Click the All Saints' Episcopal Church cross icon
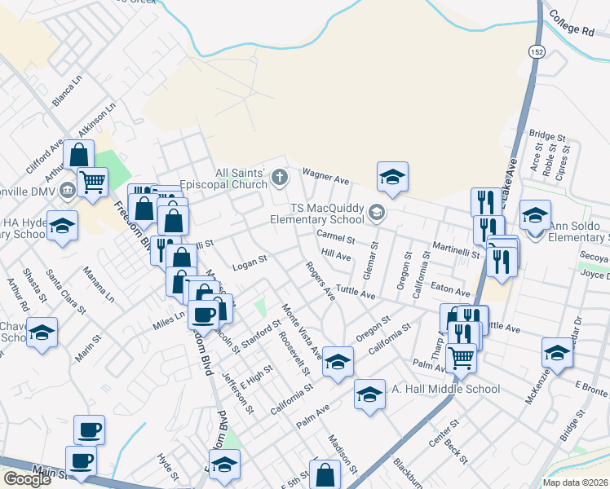[x=280, y=177]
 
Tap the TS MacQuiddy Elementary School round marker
[x=376, y=214]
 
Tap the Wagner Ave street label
[x=325, y=176]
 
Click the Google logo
[x=27, y=479]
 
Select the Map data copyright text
[x=576, y=482]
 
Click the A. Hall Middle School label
[x=445, y=389]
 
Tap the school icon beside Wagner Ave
[x=392, y=176]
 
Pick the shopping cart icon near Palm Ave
[x=462, y=357]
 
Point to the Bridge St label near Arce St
[x=547, y=136]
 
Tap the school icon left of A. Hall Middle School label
[x=369, y=394]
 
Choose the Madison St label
[x=343, y=454]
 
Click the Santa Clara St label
[x=66, y=291]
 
